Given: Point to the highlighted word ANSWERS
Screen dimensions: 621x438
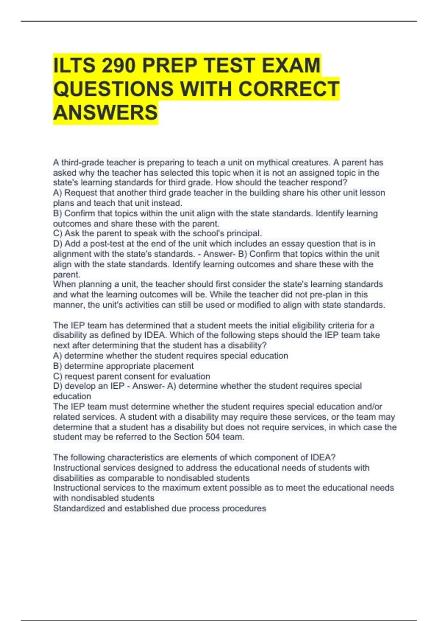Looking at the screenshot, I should point(105,113).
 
